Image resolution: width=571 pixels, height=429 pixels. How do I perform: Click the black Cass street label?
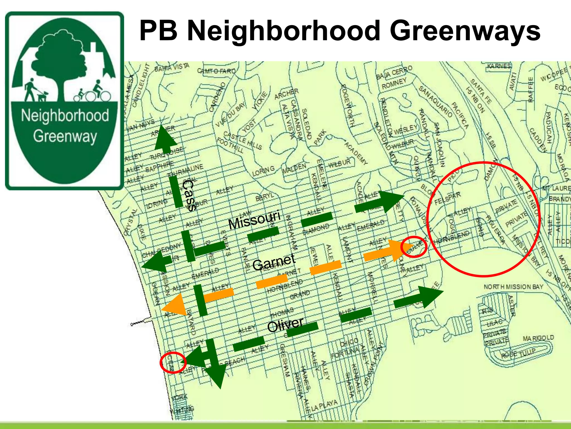pyautogui.click(x=189, y=195)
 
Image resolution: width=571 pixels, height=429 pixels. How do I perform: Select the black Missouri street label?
pyautogui.click(x=254, y=220)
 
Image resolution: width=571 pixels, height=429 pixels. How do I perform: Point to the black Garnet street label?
pyautogui.click(x=274, y=262)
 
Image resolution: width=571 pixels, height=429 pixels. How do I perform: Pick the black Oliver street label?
pyautogui.click(x=285, y=325)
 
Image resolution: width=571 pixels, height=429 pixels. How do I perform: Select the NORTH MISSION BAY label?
pyautogui.click(x=513, y=287)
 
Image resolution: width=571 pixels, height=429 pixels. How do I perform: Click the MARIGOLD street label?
pyautogui.click(x=538, y=338)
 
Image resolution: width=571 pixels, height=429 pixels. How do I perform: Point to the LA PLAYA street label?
pyautogui.click(x=324, y=406)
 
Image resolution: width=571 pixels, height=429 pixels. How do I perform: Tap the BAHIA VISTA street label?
pyautogui.click(x=172, y=67)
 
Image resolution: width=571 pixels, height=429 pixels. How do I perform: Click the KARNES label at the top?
pyautogui.click(x=499, y=66)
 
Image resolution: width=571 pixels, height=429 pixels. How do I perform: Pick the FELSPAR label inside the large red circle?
pyautogui.click(x=447, y=198)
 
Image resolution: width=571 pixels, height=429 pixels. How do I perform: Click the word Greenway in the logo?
pyautogui.click(x=65, y=137)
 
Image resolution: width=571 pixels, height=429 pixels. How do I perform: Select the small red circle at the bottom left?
pyautogui.click(x=173, y=363)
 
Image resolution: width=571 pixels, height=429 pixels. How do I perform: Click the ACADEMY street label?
pyautogui.click(x=356, y=153)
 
